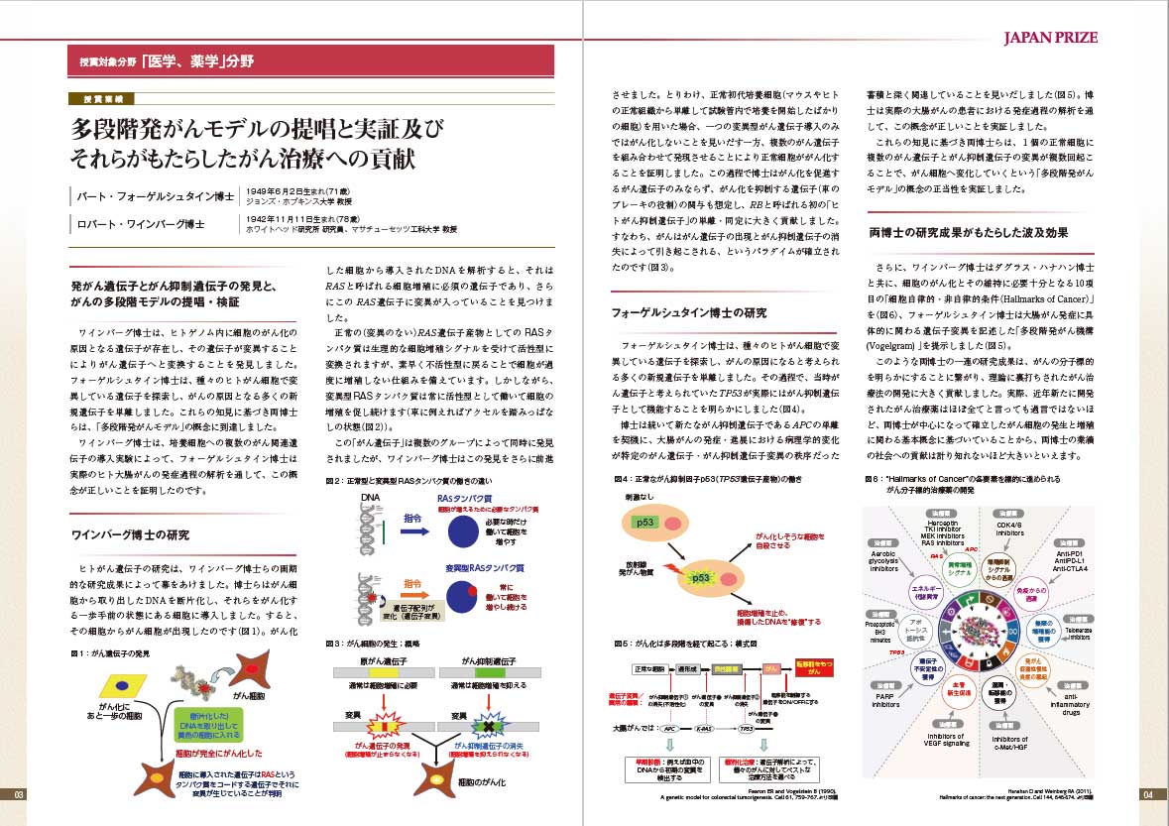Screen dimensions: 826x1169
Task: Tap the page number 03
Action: (18, 794)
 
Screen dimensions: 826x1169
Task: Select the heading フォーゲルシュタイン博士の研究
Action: (689, 312)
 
